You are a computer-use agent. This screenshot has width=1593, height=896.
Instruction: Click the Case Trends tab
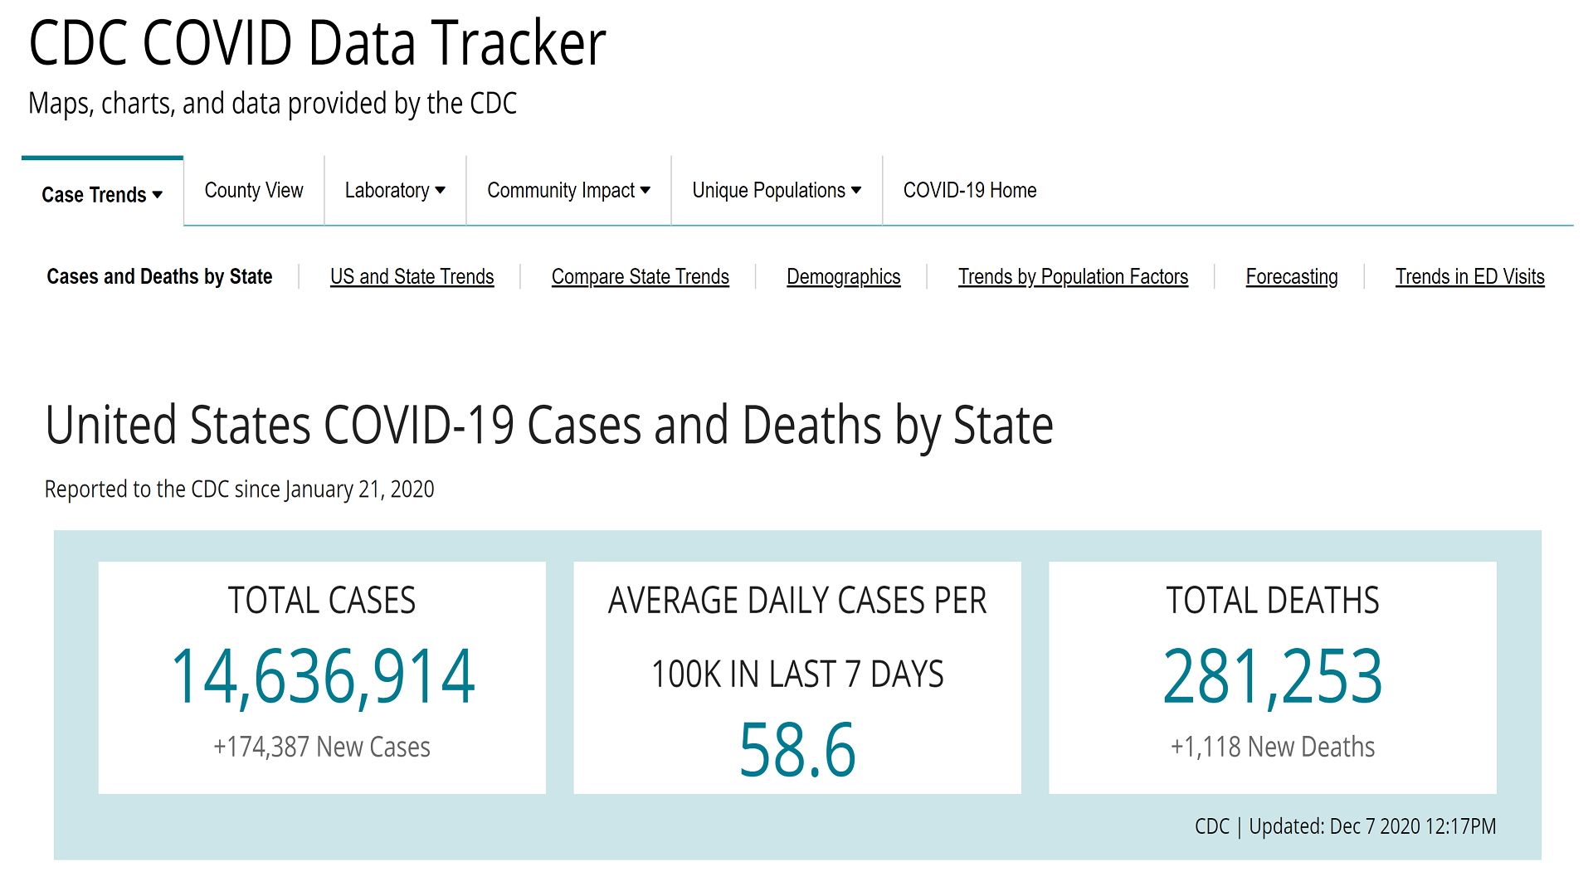(101, 194)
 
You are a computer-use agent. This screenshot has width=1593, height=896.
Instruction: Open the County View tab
(254, 191)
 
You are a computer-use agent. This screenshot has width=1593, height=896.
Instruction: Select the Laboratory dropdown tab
(395, 191)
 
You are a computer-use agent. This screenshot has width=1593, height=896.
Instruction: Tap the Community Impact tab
(568, 191)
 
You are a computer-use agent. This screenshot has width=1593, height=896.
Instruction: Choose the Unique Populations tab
(777, 191)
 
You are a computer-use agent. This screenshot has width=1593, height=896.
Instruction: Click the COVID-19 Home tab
(970, 191)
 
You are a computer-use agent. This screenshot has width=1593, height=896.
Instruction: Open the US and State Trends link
(412, 276)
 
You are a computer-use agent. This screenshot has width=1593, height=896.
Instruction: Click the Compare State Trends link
(640, 276)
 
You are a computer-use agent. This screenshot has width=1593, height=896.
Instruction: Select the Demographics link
(843, 276)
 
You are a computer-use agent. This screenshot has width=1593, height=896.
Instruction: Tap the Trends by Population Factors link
(1073, 276)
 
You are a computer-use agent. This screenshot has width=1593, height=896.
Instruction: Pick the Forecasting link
(1292, 276)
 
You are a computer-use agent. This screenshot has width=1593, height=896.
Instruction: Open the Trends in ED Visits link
(1469, 276)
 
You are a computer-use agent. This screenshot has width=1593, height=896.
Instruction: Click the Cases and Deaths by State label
(159, 276)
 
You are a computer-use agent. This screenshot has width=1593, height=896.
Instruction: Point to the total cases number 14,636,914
(323, 677)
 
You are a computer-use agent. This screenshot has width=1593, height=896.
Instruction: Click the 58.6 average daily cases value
(796, 750)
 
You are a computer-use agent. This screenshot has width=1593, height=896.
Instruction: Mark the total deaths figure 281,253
(1272, 677)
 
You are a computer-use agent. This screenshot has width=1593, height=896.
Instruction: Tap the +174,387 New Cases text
(322, 747)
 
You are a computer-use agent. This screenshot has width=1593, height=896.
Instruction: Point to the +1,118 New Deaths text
(1272, 747)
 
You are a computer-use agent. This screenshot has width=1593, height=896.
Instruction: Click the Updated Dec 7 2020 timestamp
(1371, 826)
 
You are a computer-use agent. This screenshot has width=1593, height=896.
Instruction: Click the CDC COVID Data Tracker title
(317, 43)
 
